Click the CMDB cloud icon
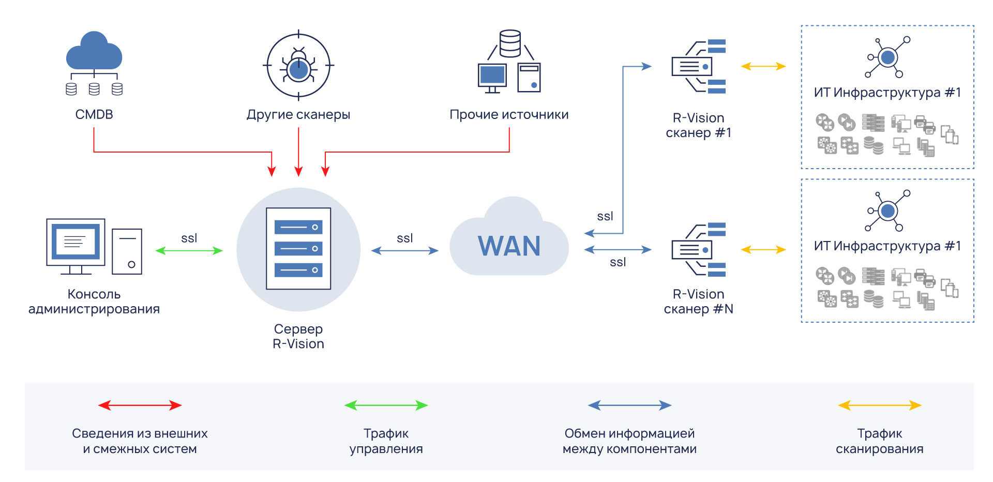pos(94,52)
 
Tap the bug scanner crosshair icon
pos(298,66)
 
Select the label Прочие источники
pos(509,114)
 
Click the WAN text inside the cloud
pos(509,246)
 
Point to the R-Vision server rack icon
pos(298,248)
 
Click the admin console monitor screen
pos(76,241)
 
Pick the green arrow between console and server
pos(189,251)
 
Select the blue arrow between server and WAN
pos(404,251)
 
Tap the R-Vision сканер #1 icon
pos(698,66)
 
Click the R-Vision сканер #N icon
pos(698,250)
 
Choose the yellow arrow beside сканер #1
pos(763,66)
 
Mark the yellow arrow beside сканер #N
pos(763,250)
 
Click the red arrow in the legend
pos(140,405)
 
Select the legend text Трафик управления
pos(386,441)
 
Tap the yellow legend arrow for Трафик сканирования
pos(879,405)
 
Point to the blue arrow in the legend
pos(629,405)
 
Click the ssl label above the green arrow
pos(189,238)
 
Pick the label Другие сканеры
pos(298,114)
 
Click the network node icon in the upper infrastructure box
pos(887,57)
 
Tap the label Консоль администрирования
pos(94,302)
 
